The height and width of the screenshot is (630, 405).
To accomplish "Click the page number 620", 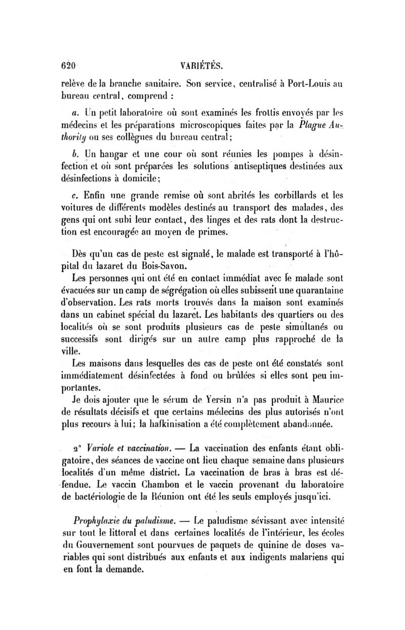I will tap(68, 65).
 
